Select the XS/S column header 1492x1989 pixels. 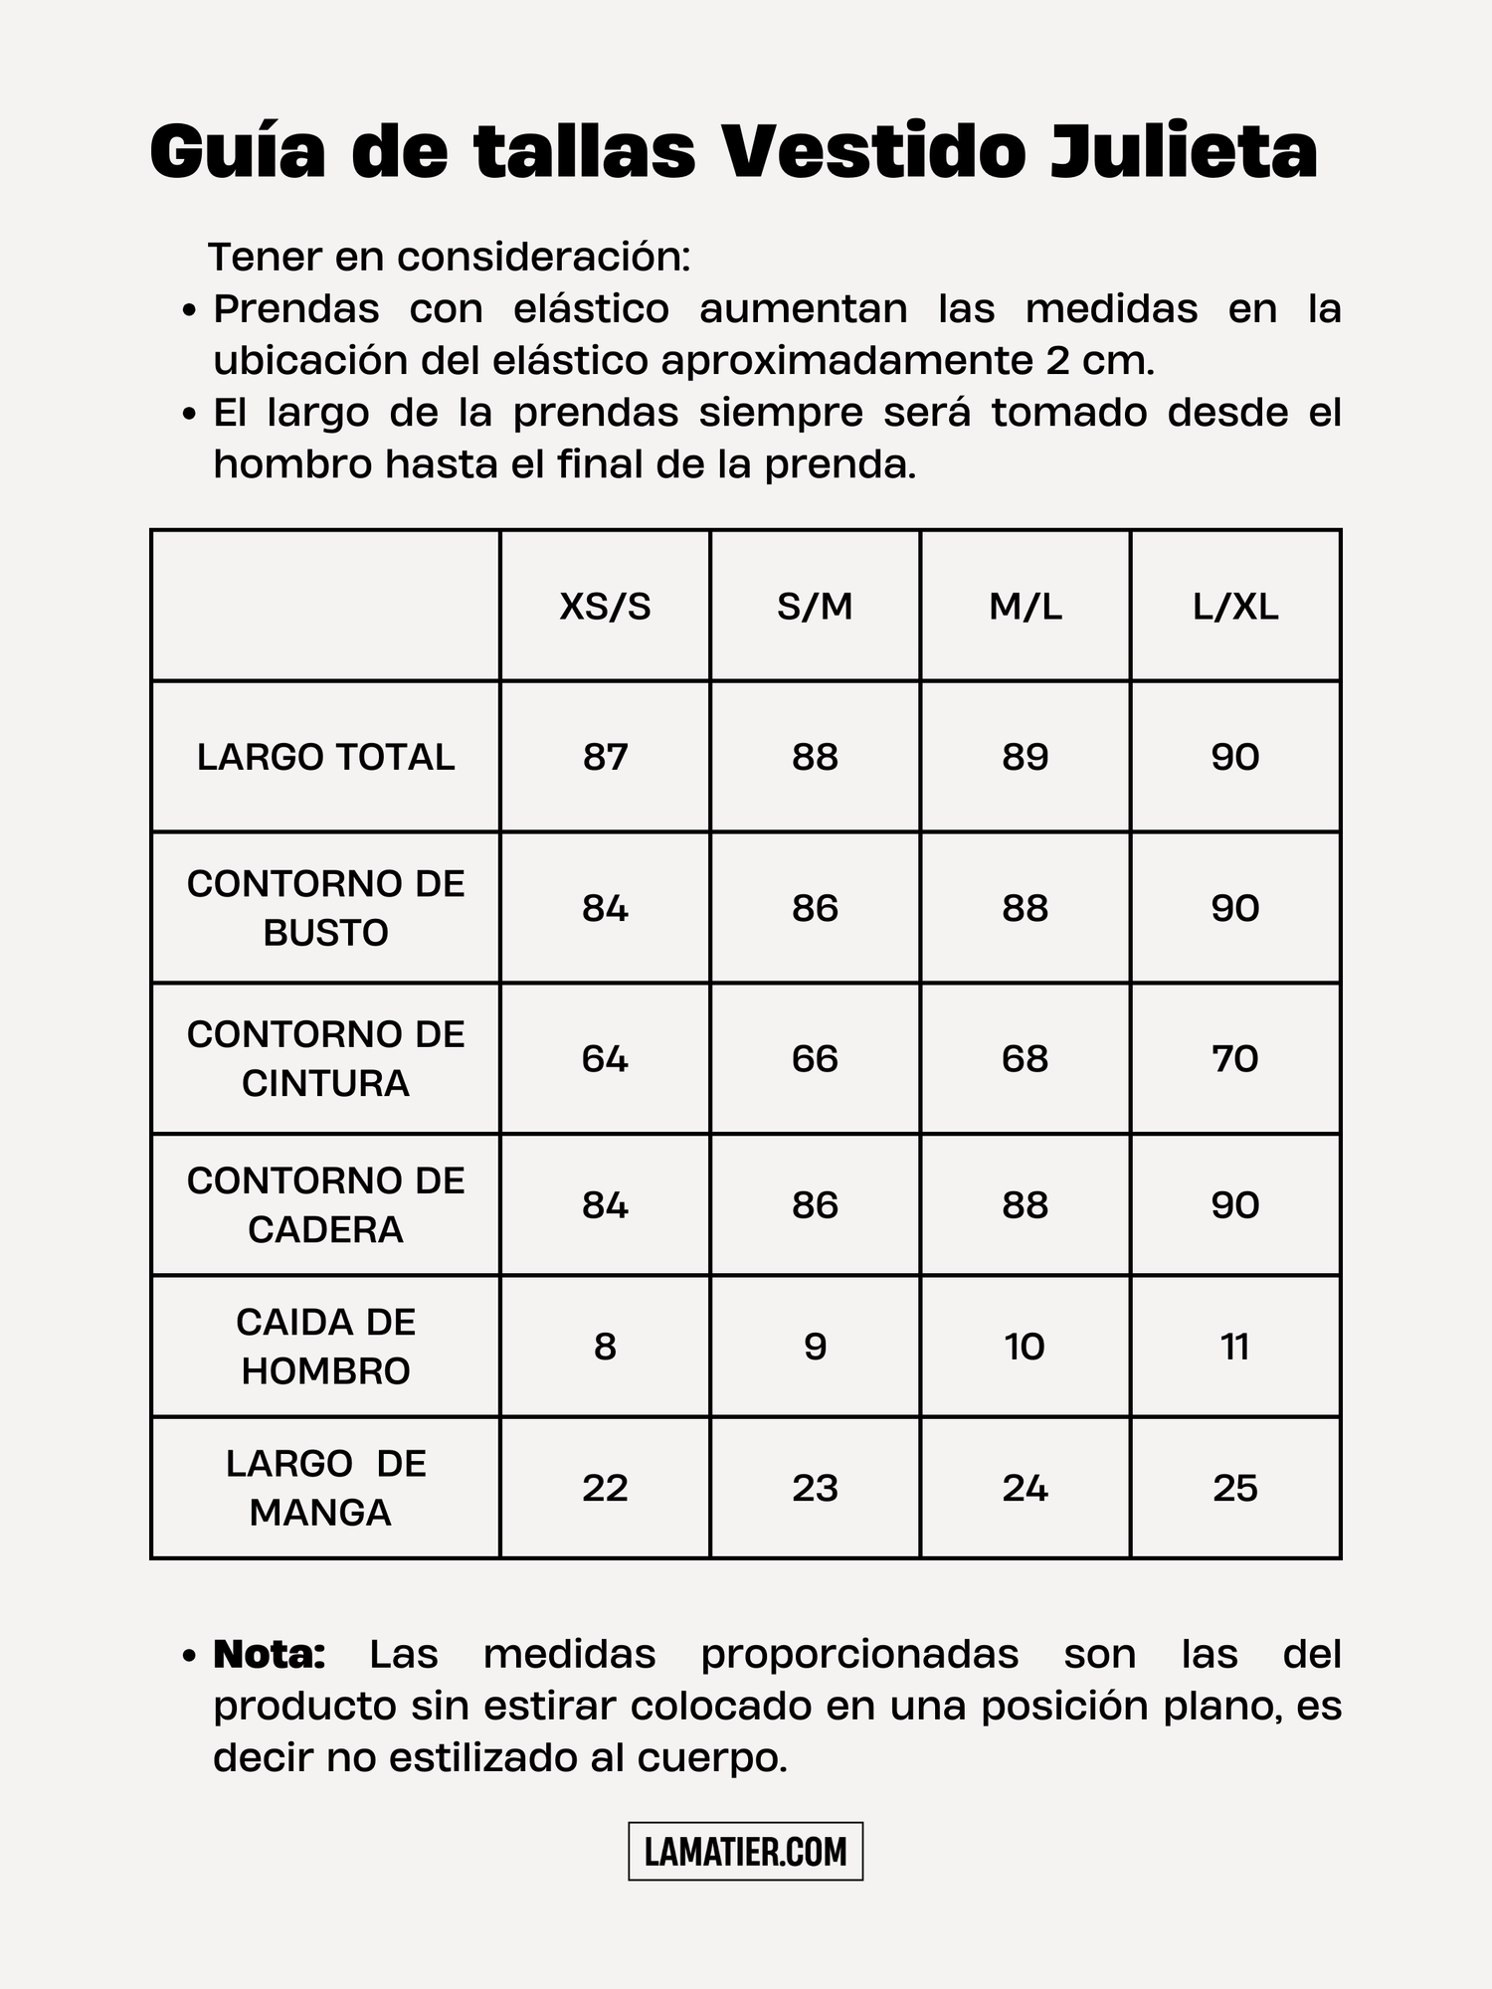[x=605, y=606]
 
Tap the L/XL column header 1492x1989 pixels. [x=1235, y=606]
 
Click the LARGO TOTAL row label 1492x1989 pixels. [x=325, y=757]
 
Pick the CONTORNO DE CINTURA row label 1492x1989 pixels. [x=325, y=1058]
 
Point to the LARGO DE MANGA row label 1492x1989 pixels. [x=325, y=1488]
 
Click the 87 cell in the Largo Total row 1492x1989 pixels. [x=605, y=757]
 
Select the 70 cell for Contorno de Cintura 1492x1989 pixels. [x=1235, y=1058]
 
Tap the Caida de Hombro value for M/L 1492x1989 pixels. [x=1025, y=1347]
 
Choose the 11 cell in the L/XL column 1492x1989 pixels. [x=1235, y=1347]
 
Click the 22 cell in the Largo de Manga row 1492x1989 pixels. [x=605, y=1488]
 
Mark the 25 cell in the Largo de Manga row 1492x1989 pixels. [x=1235, y=1488]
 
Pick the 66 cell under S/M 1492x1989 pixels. [x=815, y=1058]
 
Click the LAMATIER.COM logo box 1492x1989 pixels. [x=746, y=1851]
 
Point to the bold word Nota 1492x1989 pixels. [x=270, y=1655]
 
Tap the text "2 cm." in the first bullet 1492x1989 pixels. [x=1100, y=360]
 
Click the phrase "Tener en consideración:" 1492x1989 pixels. [x=450, y=257]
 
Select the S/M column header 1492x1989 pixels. [x=815, y=606]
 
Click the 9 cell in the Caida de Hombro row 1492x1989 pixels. [x=815, y=1347]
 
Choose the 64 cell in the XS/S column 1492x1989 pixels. [x=605, y=1058]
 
